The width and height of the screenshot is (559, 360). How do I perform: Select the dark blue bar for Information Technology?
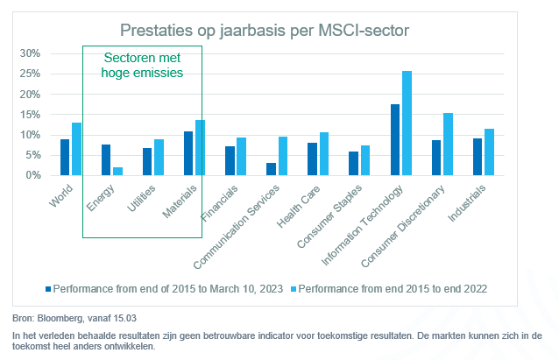(395, 140)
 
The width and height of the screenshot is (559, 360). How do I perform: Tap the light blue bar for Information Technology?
(407, 124)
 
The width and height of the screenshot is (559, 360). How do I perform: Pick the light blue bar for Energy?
(117, 171)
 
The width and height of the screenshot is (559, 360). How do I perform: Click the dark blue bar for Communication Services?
(272, 169)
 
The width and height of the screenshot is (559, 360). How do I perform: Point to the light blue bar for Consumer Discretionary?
(448, 145)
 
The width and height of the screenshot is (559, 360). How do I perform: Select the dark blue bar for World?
(65, 158)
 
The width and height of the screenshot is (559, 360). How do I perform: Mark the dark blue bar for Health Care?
(313, 159)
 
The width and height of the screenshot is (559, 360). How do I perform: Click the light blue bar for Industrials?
(489, 152)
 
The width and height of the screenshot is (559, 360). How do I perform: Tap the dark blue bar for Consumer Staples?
(354, 164)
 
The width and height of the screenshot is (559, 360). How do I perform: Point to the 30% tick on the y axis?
(31, 53)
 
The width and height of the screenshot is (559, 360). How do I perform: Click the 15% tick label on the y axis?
(31, 115)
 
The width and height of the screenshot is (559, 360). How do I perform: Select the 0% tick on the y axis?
(33, 175)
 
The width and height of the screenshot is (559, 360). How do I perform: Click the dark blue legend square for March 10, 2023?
(49, 287)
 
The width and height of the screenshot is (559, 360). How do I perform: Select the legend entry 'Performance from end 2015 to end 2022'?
(389, 287)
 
